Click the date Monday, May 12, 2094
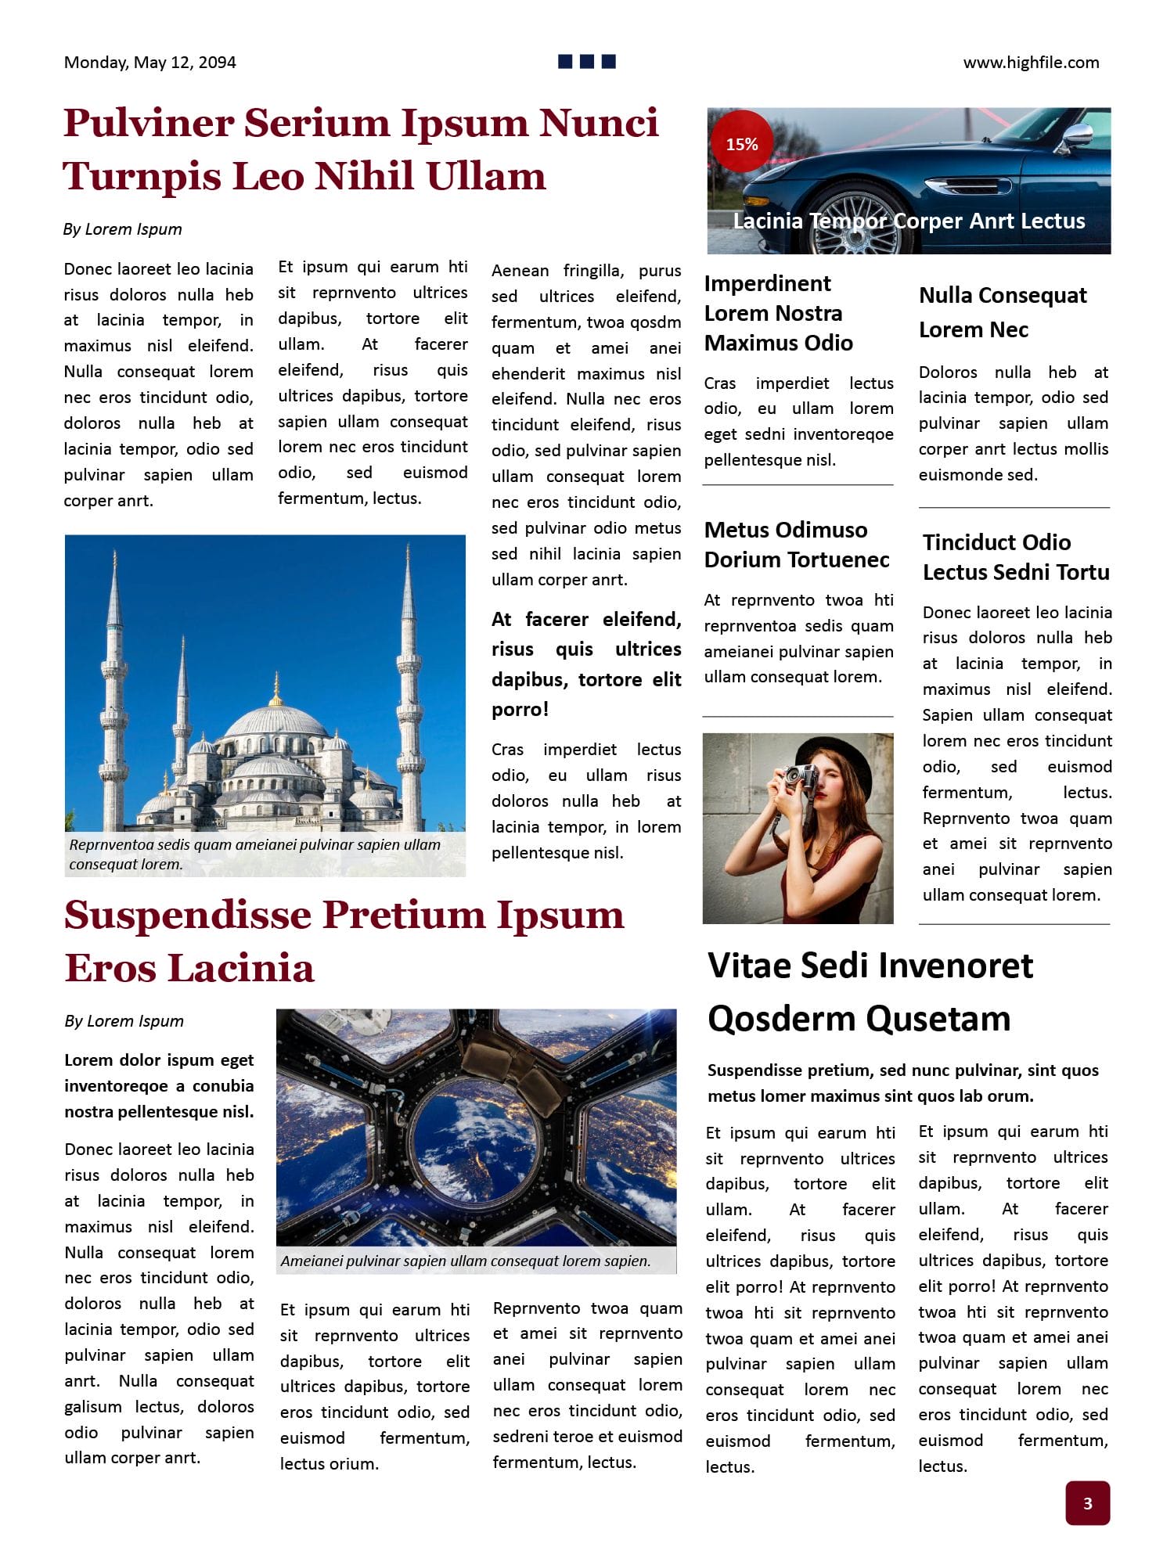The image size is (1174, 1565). (x=149, y=63)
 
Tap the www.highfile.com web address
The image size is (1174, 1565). (x=1031, y=63)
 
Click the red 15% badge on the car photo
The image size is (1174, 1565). (x=741, y=144)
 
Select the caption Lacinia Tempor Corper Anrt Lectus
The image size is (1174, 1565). (x=908, y=221)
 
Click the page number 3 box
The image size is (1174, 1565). (x=1087, y=1502)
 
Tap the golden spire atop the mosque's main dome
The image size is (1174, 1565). (x=275, y=690)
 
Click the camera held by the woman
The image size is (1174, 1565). (x=800, y=777)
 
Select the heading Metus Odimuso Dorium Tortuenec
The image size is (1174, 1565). (x=796, y=545)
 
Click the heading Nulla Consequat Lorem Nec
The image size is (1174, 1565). (x=1002, y=311)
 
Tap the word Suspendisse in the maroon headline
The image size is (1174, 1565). (x=187, y=915)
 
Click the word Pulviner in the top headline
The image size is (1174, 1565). (x=148, y=124)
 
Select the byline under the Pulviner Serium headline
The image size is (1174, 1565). (x=122, y=229)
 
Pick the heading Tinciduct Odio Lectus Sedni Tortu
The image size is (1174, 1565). (x=1015, y=557)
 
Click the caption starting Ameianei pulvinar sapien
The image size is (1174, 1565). (x=465, y=1261)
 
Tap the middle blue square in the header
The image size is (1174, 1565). (x=587, y=61)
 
